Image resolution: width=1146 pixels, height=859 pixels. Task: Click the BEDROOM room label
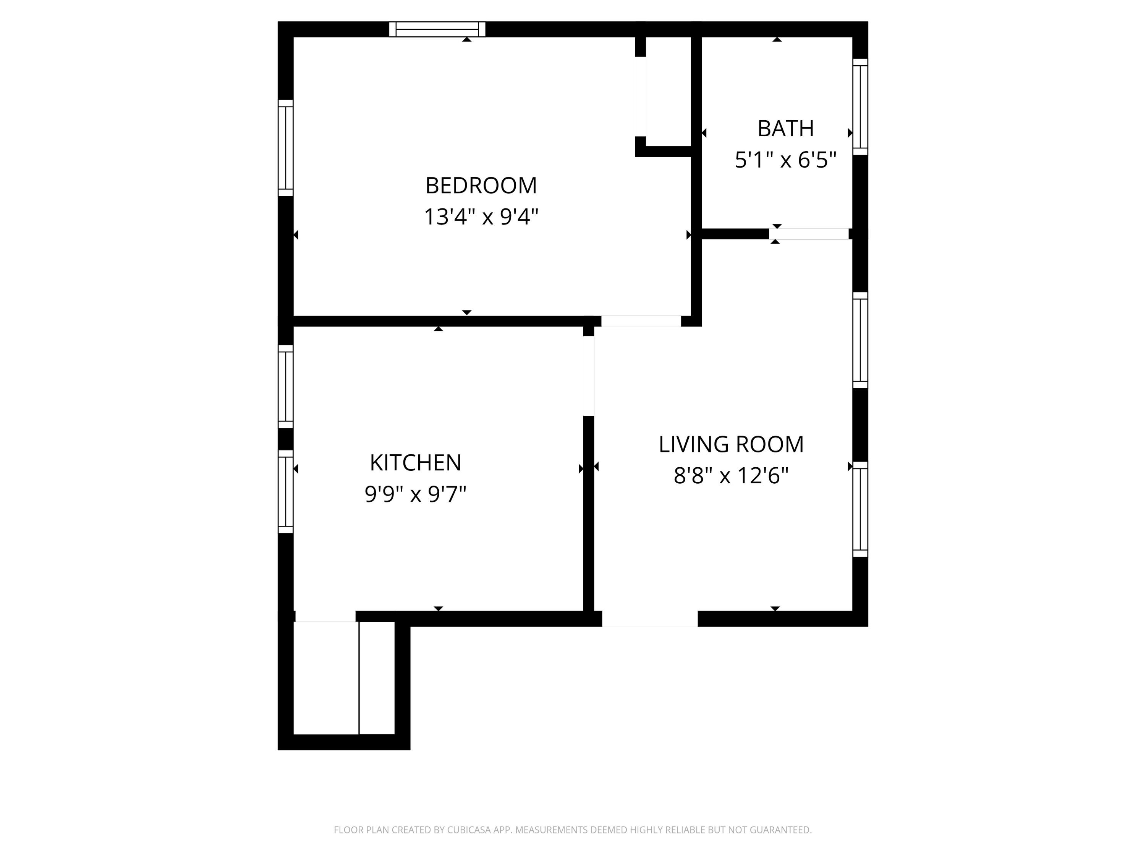[x=481, y=186]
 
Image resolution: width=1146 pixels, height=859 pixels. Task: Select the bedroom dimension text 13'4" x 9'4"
[x=481, y=217]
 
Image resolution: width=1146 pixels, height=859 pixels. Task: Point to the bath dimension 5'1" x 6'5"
[x=785, y=160]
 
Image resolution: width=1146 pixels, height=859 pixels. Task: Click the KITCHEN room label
[x=416, y=463]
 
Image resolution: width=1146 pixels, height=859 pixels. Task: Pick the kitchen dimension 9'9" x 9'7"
[x=416, y=494]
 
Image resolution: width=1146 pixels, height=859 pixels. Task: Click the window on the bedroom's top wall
[x=437, y=29]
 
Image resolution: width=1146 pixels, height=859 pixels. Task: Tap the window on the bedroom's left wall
[x=285, y=148]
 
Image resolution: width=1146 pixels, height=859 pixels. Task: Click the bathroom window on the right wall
[x=860, y=107]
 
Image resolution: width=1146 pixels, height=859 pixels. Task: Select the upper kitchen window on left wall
[x=285, y=386]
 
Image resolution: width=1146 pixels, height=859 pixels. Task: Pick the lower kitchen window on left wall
[x=285, y=491]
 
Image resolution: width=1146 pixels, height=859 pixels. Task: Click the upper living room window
[x=860, y=340]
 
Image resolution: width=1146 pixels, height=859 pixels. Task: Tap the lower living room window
[x=860, y=509]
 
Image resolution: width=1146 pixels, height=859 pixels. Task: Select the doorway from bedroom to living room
[x=641, y=321]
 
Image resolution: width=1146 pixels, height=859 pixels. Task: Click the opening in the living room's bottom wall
[x=650, y=619]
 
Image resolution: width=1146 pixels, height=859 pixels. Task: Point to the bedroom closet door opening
[x=640, y=96]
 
